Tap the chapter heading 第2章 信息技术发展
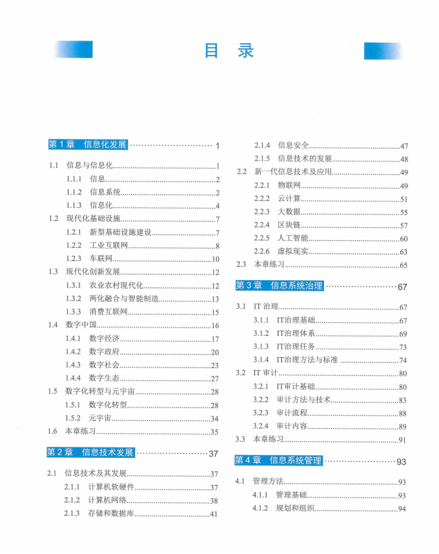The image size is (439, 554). (x=90, y=453)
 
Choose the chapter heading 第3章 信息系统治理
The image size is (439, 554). (x=279, y=285)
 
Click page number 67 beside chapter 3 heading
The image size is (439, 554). (x=402, y=287)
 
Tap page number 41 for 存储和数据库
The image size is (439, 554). (x=214, y=514)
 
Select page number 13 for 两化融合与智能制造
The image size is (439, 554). (x=215, y=299)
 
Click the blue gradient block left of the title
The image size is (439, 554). (x=74, y=50)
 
